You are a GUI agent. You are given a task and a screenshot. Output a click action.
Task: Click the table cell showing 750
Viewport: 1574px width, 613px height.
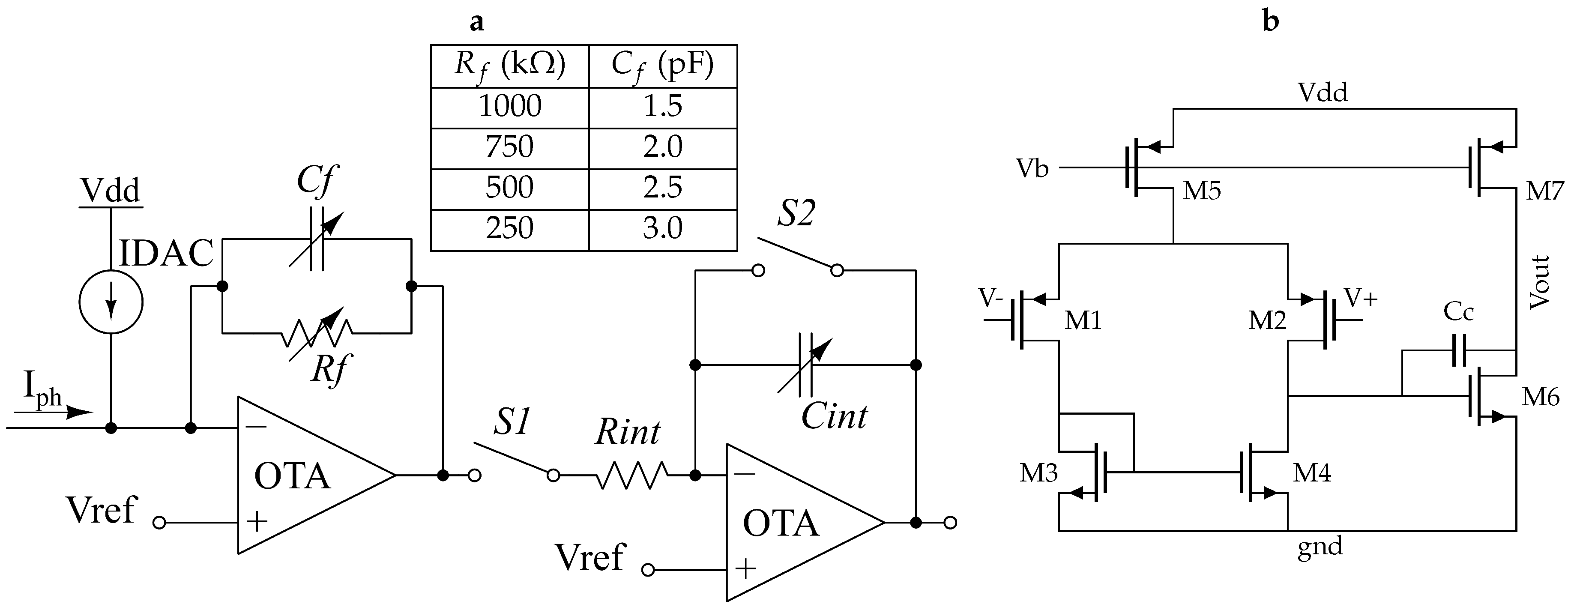click(x=509, y=147)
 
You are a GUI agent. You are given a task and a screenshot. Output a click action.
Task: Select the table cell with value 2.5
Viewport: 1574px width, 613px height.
click(x=662, y=188)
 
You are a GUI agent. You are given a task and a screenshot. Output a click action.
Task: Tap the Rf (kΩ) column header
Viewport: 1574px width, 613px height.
click(x=509, y=66)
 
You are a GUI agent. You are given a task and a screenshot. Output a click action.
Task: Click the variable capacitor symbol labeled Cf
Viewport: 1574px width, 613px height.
click(x=317, y=239)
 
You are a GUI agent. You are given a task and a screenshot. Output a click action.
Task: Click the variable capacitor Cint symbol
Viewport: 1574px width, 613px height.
click(x=806, y=365)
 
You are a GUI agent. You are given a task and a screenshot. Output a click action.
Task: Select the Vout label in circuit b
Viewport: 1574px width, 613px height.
click(x=1539, y=282)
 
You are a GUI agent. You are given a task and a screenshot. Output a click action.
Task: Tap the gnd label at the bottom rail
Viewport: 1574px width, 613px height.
click(x=1320, y=546)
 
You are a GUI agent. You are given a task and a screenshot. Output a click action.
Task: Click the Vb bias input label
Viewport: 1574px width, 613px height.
click(x=1032, y=168)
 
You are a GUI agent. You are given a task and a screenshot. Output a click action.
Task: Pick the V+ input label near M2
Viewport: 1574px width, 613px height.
click(x=1362, y=298)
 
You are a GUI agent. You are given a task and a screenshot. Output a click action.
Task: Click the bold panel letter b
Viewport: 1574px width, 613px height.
click(x=1271, y=21)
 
